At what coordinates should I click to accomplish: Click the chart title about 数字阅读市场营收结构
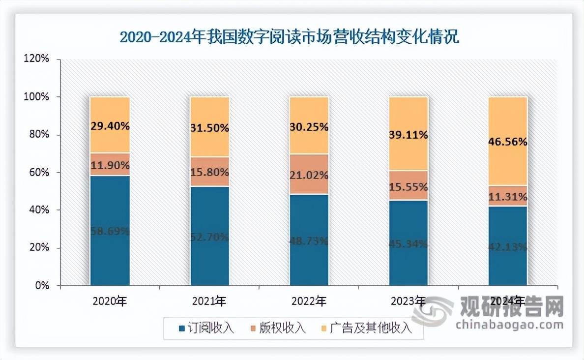coord(290,37)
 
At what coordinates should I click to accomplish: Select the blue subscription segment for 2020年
coord(110,230)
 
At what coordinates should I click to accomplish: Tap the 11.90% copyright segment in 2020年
coord(110,164)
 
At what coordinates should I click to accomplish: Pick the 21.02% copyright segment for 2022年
coord(309,175)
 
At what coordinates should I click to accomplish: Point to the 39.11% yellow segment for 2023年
coord(409,134)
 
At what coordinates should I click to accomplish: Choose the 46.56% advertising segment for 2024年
coord(508,141)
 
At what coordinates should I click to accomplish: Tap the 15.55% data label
coord(409,187)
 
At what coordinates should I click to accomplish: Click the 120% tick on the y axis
coord(38,59)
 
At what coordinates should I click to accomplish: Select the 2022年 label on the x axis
coord(308,301)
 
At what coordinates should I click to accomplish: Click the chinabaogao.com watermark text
coord(509,325)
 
